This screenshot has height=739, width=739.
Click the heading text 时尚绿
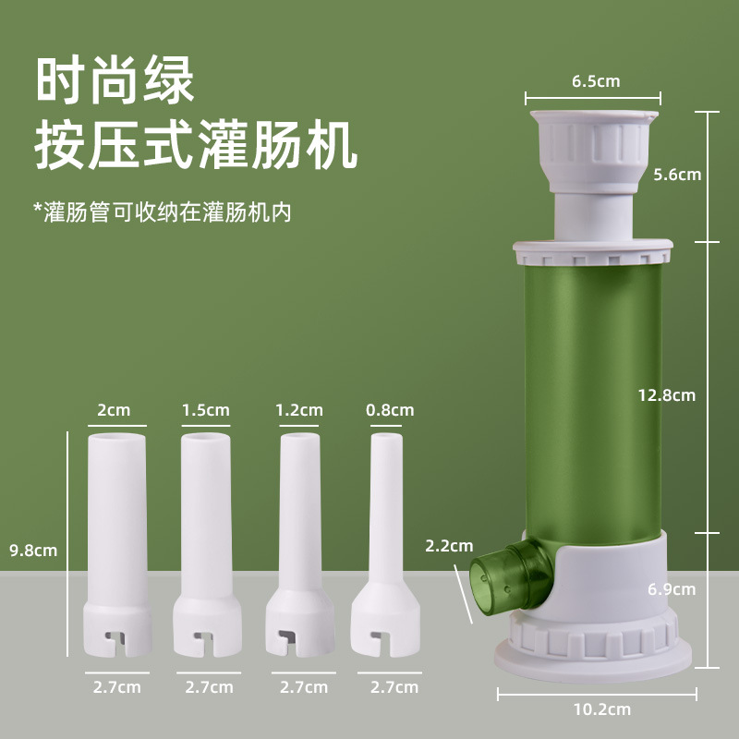coord(115,81)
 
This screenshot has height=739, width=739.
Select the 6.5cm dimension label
coord(595,81)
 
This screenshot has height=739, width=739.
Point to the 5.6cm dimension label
coord(678,174)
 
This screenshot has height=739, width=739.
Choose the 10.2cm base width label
coord(601,709)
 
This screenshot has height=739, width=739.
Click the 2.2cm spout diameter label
coord(448,545)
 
